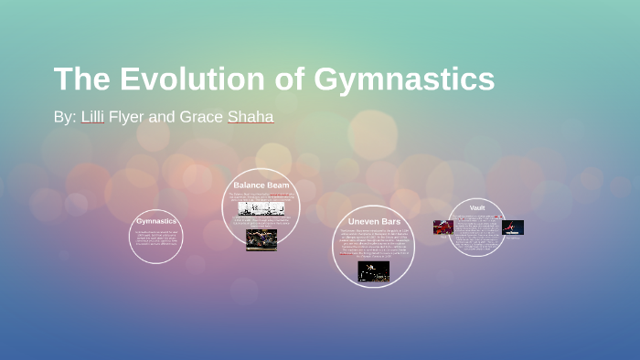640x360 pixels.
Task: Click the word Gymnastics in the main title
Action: coord(404,80)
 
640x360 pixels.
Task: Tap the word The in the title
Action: coord(81,79)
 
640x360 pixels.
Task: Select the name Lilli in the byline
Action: coord(92,117)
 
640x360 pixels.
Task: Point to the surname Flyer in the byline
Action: coord(127,117)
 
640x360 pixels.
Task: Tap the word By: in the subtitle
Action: coord(65,117)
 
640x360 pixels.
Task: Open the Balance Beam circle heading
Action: coord(261,185)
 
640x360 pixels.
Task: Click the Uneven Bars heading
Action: coord(373,221)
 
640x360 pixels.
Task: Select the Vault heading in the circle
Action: coord(476,207)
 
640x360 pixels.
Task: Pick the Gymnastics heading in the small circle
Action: coord(156,221)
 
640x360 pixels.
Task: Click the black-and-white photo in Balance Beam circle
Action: coord(261,207)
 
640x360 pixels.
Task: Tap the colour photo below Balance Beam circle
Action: coord(261,239)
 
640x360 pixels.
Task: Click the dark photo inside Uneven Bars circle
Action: coord(373,270)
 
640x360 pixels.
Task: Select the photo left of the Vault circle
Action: coord(443,227)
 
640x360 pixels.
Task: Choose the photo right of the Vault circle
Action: coord(512,228)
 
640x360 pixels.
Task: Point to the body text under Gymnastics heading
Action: coord(156,237)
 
